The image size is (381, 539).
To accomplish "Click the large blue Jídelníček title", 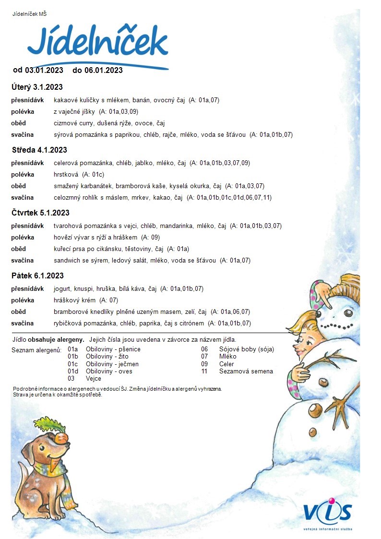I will click(97, 42).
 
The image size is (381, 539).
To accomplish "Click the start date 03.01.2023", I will click(44, 71).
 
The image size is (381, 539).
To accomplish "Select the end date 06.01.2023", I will click(104, 71).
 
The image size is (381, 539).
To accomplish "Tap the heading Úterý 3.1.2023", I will click(37, 87).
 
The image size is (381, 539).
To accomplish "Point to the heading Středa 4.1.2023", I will click(39, 150).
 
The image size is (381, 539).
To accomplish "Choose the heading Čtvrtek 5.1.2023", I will click(40, 213).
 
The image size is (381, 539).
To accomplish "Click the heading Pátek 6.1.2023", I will click(37, 276).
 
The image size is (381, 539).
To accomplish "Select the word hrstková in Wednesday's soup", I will click(66, 175).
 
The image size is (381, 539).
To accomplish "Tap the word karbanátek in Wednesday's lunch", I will click(97, 186).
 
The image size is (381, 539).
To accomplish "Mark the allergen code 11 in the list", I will click(204, 371).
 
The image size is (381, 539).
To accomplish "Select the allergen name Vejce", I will click(93, 378).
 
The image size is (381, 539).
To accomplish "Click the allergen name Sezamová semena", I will click(246, 371).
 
